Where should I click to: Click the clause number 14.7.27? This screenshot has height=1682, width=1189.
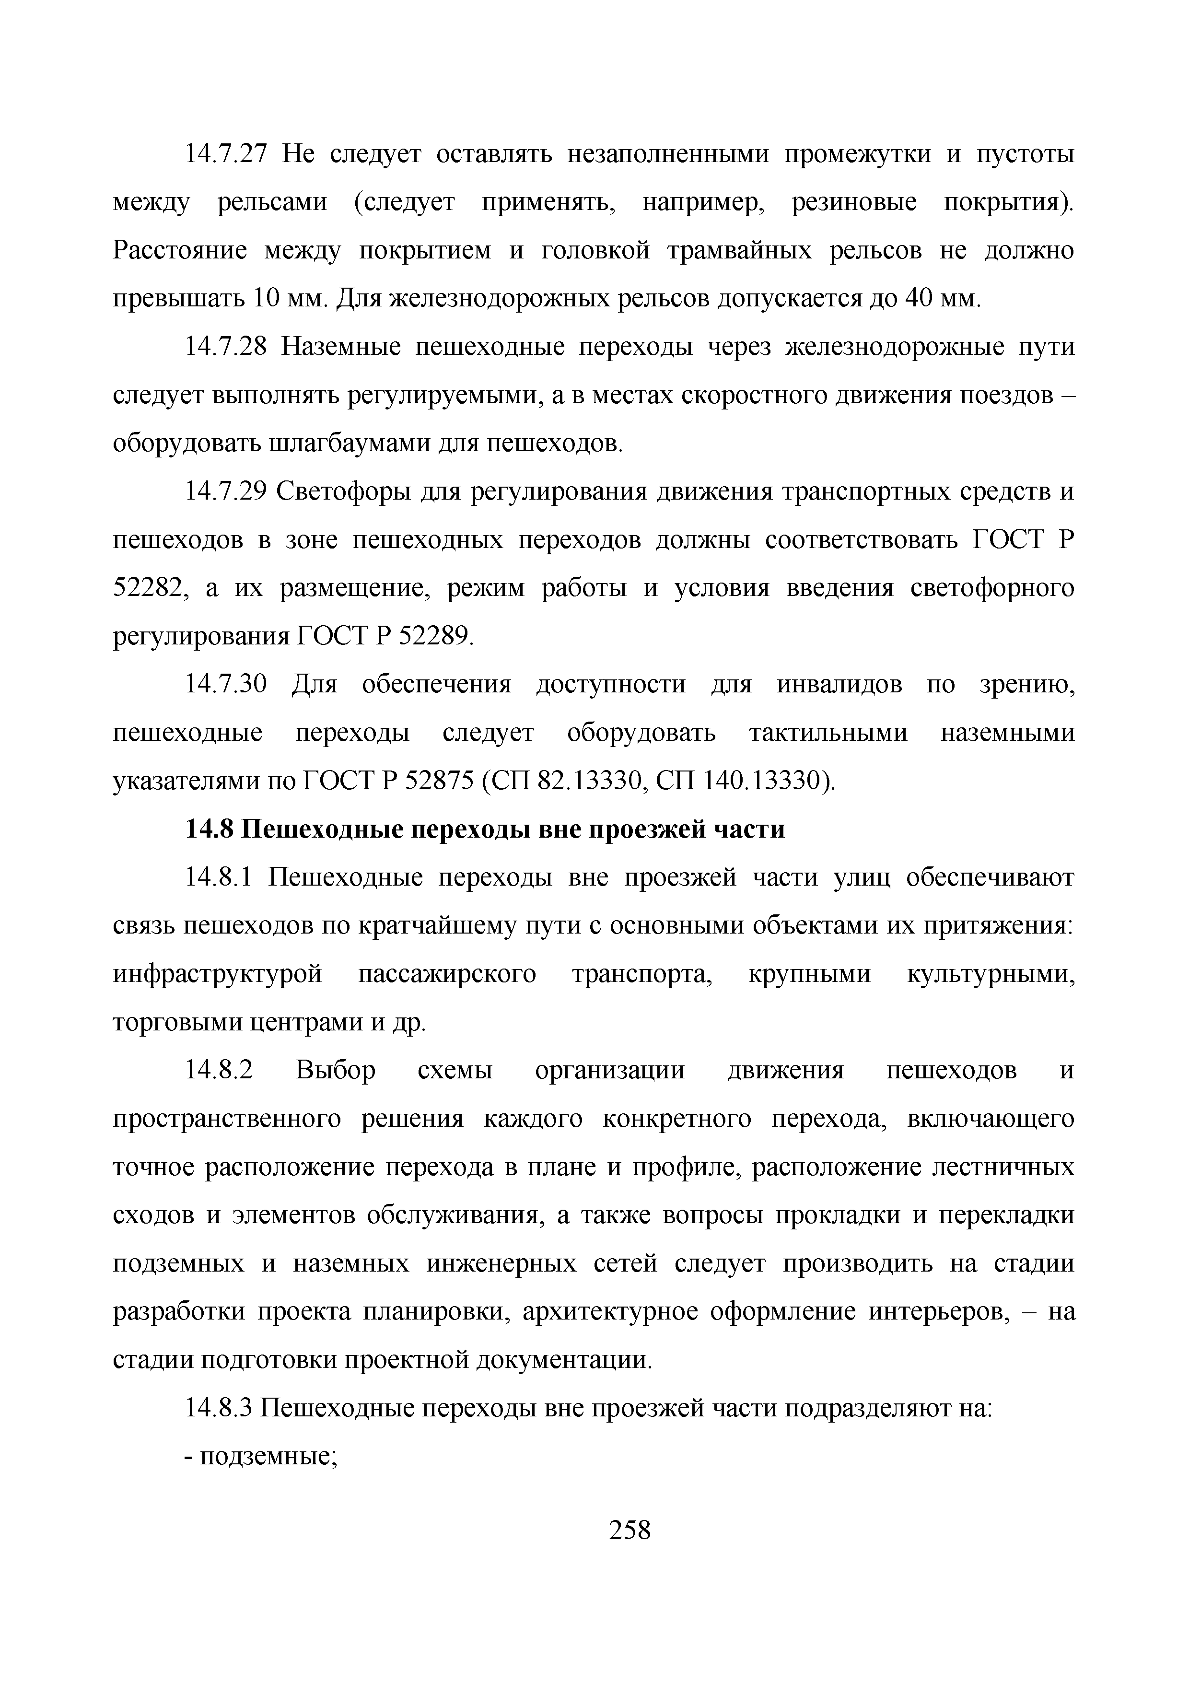pos(226,154)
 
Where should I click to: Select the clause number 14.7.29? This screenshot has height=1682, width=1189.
pos(226,491)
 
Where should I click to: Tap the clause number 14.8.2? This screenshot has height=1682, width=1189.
pos(218,1070)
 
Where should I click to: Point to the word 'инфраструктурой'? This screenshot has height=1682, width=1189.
pos(218,974)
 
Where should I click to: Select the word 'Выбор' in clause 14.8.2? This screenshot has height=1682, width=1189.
pos(336,1070)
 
